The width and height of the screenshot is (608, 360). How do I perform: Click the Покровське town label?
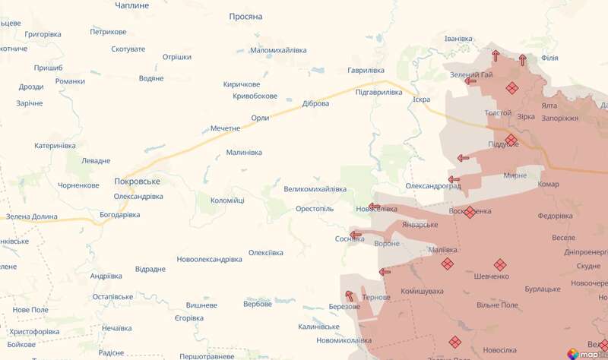click(137, 182)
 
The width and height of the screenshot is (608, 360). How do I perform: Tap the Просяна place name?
click(245, 16)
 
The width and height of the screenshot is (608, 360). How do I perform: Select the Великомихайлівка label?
click(315, 189)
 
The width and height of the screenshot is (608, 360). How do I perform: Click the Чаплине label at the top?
click(131, 5)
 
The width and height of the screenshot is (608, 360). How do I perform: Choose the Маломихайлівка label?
click(278, 50)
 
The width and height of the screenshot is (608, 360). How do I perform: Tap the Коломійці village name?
click(227, 201)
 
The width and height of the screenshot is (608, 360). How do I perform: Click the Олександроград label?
click(433, 185)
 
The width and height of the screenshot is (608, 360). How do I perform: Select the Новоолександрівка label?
click(209, 259)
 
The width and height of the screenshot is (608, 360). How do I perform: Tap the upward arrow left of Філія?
click(523, 59)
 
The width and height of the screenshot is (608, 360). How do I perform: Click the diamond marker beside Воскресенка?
click(470, 212)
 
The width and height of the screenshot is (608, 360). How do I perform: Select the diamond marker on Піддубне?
click(511, 140)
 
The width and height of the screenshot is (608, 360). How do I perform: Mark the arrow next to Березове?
click(350, 295)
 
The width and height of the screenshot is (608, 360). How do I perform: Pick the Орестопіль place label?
click(315, 209)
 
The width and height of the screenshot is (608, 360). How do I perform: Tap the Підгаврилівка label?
click(378, 92)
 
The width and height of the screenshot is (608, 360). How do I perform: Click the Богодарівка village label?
click(120, 215)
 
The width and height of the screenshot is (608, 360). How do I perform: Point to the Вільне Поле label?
click(497, 305)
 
